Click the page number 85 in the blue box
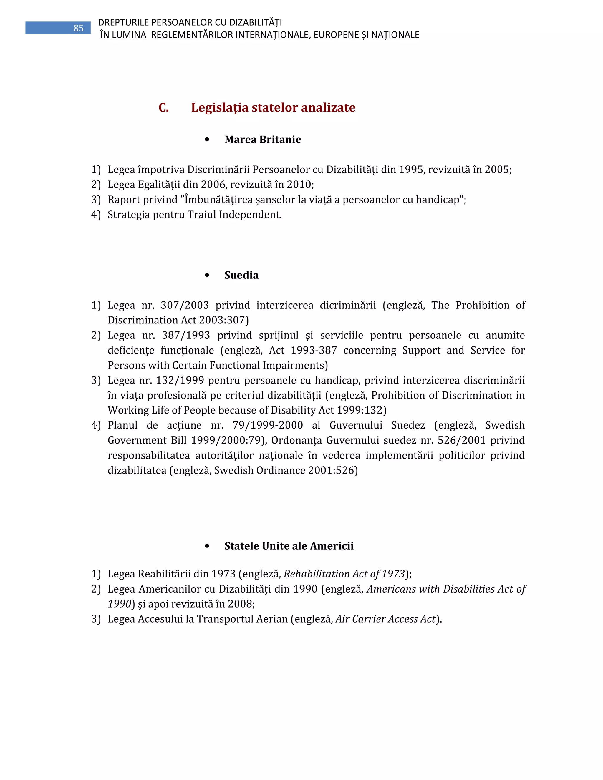[x=78, y=28]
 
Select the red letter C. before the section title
[x=164, y=107]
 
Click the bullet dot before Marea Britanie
[x=207, y=140]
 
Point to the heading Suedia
[x=241, y=275]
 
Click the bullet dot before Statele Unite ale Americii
[x=207, y=546]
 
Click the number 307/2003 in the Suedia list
[x=184, y=305]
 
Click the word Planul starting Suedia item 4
[x=122, y=425]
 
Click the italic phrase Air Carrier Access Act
[x=385, y=619]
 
